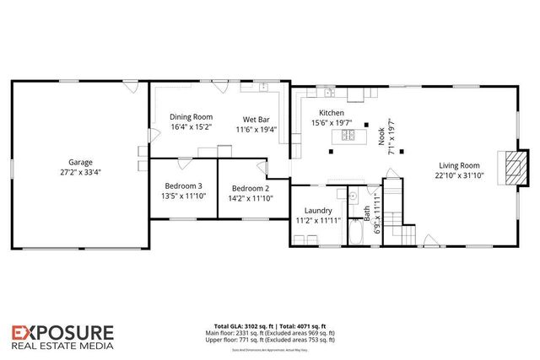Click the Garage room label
click(81, 162)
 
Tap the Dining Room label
click(192, 117)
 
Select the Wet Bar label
click(256, 119)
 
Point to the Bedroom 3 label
click(183, 186)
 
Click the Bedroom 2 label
click(251, 188)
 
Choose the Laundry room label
click(313, 211)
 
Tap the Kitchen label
click(332, 113)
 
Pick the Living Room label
click(459, 165)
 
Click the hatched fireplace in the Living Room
click(510, 169)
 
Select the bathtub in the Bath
click(356, 233)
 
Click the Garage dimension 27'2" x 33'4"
click(81, 172)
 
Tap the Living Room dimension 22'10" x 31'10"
click(459, 175)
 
